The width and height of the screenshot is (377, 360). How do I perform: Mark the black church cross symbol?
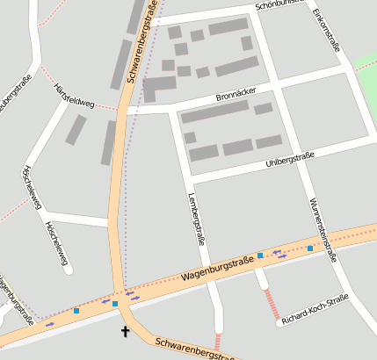tap(125, 331)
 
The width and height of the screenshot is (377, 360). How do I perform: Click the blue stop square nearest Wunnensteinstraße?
tap(309, 248)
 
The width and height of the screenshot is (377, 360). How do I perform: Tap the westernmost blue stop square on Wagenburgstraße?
tap(76, 311)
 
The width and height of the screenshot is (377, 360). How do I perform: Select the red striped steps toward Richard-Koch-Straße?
tap(272, 304)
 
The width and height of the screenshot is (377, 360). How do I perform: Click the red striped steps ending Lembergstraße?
tap(218, 342)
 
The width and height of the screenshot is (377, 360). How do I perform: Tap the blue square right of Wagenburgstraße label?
tap(259, 256)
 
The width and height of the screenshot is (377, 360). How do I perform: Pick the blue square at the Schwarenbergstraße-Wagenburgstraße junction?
tap(115, 304)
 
